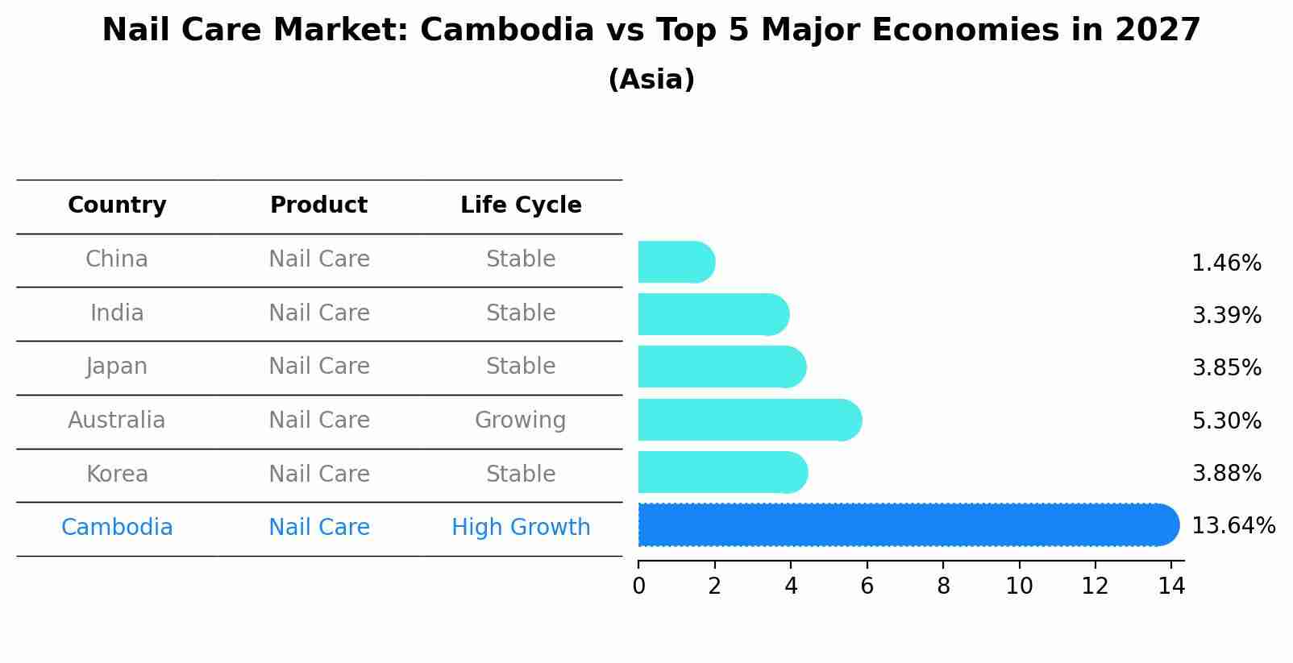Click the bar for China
click(x=676, y=263)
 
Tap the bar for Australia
click(x=749, y=420)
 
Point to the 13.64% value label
click(x=1233, y=526)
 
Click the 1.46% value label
click(x=1226, y=263)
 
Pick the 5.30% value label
click(x=1226, y=421)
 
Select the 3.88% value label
click(x=1226, y=473)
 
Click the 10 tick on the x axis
click(x=1019, y=586)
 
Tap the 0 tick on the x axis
click(x=638, y=586)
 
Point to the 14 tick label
click(x=1171, y=586)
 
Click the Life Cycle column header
click(x=521, y=205)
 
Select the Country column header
click(x=117, y=205)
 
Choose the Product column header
click(x=318, y=205)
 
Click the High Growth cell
click(x=521, y=528)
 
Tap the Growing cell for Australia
click(x=520, y=421)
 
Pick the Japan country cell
click(x=117, y=367)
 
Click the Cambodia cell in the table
click(x=117, y=528)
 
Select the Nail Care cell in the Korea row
click(x=318, y=474)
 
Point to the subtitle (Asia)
click(x=651, y=80)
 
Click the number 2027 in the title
click(x=1158, y=31)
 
